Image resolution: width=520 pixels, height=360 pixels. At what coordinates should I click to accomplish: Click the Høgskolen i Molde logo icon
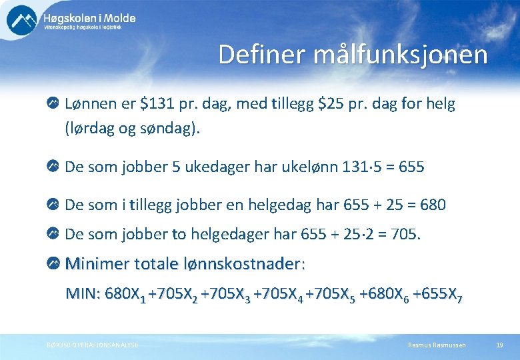tap(21, 21)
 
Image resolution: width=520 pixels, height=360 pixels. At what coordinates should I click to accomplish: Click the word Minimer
tap(97, 264)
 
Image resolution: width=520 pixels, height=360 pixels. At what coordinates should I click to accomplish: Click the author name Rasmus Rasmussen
tap(437, 345)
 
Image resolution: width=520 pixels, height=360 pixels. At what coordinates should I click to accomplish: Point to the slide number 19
tap(499, 345)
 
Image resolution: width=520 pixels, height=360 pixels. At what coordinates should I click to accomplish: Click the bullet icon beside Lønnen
tap(53, 105)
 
